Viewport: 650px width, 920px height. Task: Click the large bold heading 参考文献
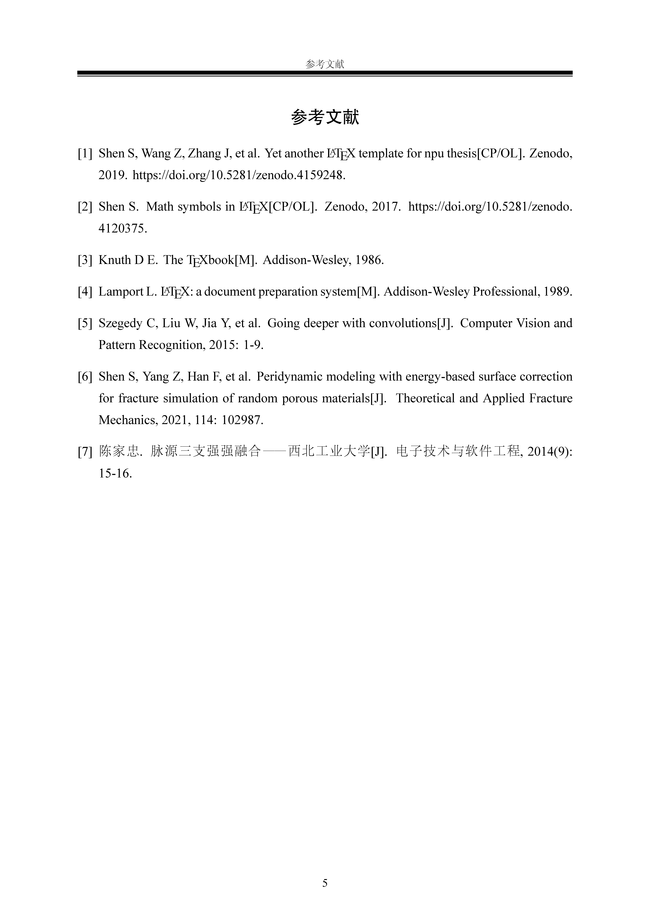(325, 117)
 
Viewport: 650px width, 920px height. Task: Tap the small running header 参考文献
(325, 64)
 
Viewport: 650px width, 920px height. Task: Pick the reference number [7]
(85, 452)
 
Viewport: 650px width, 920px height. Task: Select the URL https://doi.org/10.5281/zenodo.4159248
(239, 175)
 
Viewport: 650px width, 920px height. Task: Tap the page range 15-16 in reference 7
(115, 474)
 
